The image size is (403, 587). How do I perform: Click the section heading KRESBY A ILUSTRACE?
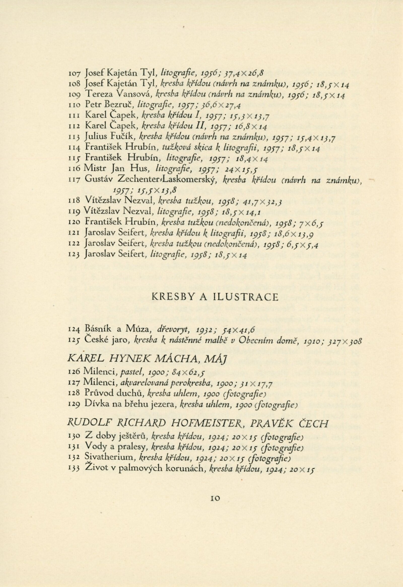pos(215,297)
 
